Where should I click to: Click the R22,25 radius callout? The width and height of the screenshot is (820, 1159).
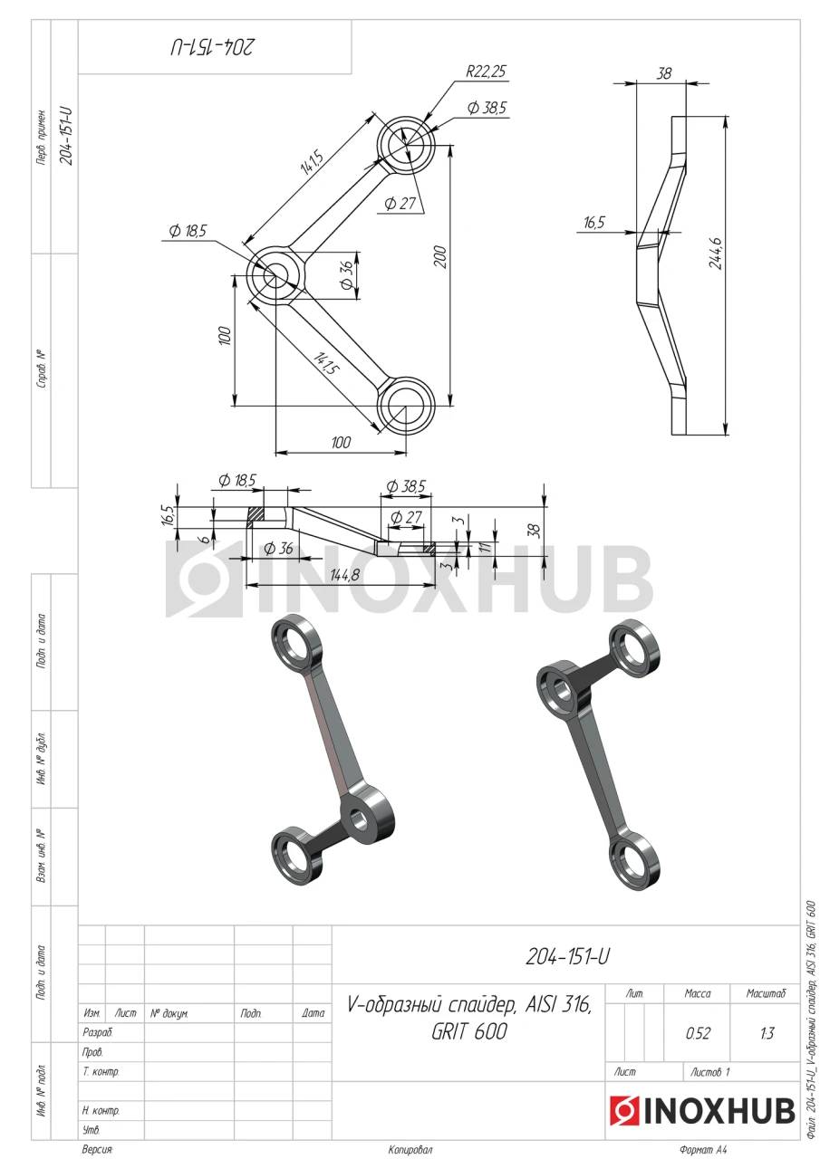(x=485, y=72)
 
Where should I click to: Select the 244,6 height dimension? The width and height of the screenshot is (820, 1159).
(x=717, y=253)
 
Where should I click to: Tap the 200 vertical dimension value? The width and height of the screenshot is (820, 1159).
(x=439, y=256)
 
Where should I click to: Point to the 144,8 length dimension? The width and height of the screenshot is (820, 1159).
(x=344, y=575)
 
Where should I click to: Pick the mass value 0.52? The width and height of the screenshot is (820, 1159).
(x=698, y=1033)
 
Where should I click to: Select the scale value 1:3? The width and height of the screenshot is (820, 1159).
(x=767, y=1033)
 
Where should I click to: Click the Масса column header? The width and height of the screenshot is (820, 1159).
(x=698, y=993)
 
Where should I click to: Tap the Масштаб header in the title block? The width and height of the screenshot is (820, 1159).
(x=766, y=993)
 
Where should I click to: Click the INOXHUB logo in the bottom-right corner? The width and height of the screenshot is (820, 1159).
(x=701, y=1109)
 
